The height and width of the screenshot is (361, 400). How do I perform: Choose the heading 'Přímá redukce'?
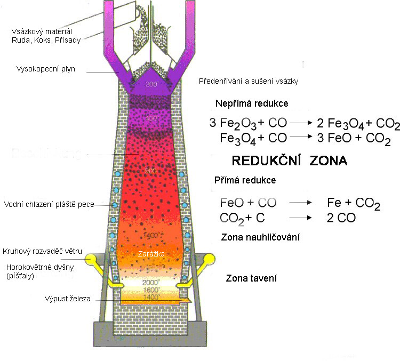coord(245,181)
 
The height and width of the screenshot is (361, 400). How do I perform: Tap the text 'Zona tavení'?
coord(247,278)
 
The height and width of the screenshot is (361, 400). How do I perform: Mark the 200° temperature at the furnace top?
coord(151,85)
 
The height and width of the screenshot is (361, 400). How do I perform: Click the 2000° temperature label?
coord(151,282)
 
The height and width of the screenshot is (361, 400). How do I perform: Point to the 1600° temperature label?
coord(151,290)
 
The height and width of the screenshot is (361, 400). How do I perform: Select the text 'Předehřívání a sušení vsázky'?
coord(247,82)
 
